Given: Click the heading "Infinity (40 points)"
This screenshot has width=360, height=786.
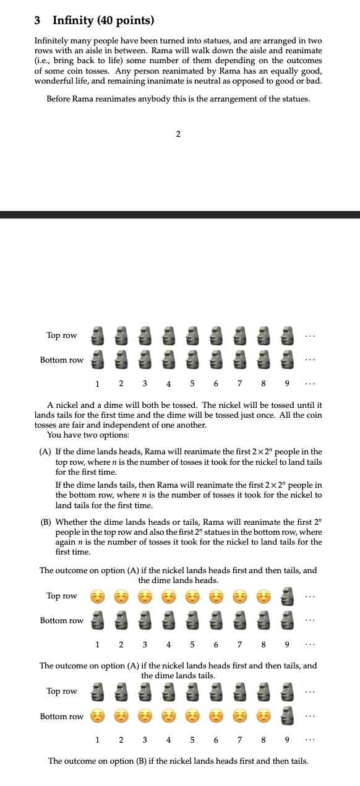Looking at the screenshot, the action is [103, 20].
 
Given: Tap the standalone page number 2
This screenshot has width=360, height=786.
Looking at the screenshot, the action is [178, 134].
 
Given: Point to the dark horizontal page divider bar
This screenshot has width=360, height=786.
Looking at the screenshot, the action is [180, 215].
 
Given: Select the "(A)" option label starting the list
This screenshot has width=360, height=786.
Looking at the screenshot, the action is [45, 452].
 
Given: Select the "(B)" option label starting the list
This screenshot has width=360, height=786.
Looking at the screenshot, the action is [45, 522].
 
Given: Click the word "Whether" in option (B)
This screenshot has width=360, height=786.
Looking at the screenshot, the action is [71, 522].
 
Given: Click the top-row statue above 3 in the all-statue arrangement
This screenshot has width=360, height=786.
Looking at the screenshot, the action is [144, 335].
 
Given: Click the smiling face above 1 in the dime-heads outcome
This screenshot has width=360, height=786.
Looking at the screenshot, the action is [96, 596].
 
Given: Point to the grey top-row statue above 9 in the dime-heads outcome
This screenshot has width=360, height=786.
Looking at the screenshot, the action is [287, 596].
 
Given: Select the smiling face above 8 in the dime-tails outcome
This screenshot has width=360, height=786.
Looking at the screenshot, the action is [263, 716].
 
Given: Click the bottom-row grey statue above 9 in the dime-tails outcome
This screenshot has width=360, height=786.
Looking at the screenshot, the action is [287, 716].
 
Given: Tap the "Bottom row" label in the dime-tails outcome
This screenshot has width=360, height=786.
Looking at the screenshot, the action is [62, 716].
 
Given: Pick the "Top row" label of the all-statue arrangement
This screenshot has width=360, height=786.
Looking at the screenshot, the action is [62, 335].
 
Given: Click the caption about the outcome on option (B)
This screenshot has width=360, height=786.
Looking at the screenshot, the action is [178, 761].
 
